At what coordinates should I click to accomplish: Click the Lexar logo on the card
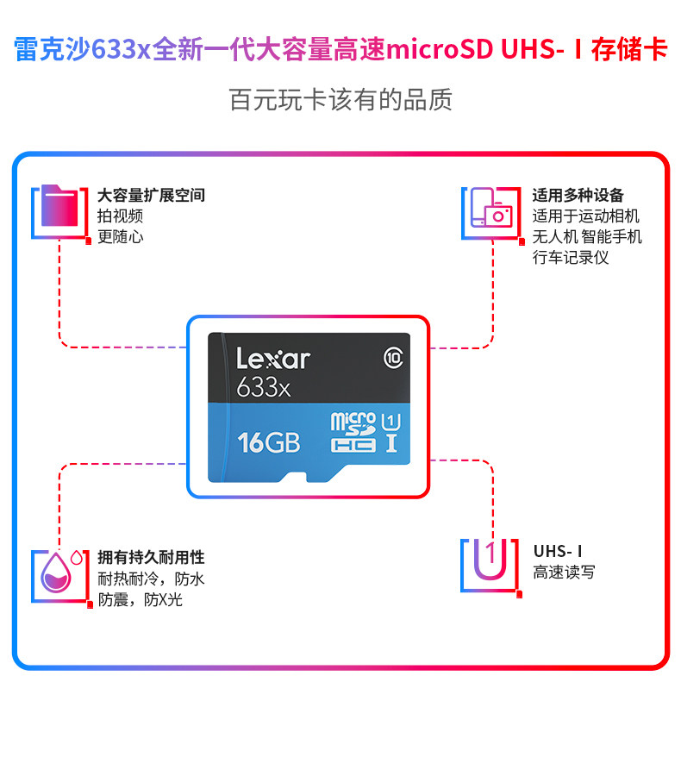tap(273, 359)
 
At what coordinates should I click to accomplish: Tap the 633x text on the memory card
tap(263, 387)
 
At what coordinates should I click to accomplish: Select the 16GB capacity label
tap(269, 442)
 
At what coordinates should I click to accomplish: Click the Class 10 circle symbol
tap(393, 358)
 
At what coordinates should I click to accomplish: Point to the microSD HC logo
tap(353, 432)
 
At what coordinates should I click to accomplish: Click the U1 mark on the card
tap(391, 422)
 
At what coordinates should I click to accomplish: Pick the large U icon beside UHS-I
tap(490, 560)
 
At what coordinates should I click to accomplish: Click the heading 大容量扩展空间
tap(151, 196)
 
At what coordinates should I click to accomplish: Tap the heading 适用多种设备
tap(578, 196)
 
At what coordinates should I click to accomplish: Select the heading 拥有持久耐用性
tap(151, 557)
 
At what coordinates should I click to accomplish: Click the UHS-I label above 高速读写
tap(558, 551)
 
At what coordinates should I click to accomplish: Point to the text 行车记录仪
tap(571, 257)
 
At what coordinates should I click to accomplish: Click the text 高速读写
tap(564, 573)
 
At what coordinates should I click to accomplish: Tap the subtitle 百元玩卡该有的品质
tap(340, 99)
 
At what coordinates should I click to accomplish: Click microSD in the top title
tap(440, 49)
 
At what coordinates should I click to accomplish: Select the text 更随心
tap(121, 236)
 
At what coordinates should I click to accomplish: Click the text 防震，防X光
tap(140, 599)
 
